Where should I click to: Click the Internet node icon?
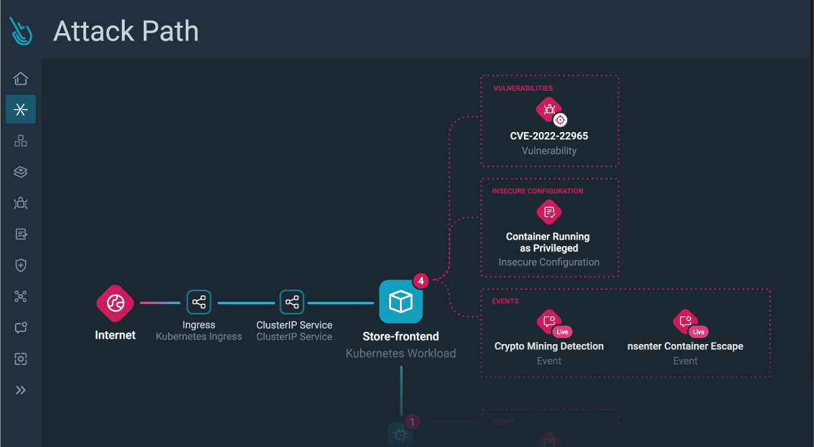tap(115, 303)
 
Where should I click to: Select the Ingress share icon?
tap(199, 302)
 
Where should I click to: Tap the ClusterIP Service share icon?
tap(292, 302)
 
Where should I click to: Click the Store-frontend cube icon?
tap(401, 301)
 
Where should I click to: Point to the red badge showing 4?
tap(421, 280)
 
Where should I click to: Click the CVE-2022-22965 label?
tap(549, 136)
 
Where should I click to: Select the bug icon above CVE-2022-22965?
tap(548, 108)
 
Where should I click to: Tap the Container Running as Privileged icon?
tap(549, 212)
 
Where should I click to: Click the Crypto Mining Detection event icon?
tap(548, 321)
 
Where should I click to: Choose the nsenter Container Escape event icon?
tap(685, 321)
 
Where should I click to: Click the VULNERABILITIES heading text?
tap(523, 88)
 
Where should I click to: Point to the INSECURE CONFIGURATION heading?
tap(537, 191)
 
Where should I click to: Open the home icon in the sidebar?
tap(21, 79)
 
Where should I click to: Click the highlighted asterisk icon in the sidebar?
tap(21, 110)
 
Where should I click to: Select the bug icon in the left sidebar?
tap(21, 203)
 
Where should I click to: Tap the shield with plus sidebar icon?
tap(21, 265)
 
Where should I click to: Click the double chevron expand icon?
tap(21, 390)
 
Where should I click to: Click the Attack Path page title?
tap(126, 31)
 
